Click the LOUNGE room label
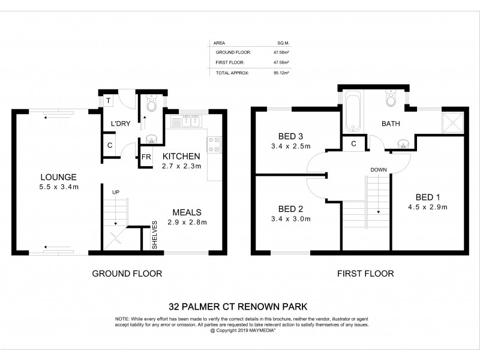click(58, 177)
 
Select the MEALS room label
click(187, 212)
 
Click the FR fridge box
click(146, 158)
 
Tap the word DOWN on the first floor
click(378, 169)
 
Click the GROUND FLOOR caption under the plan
click(127, 274)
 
